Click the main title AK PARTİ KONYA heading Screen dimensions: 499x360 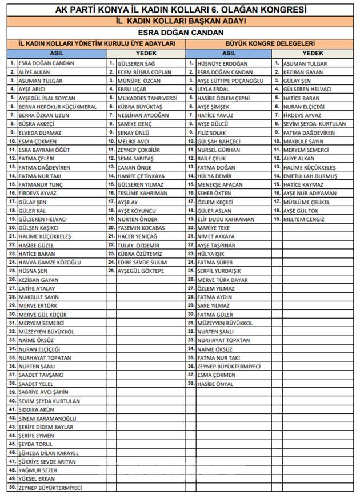coord(180,10)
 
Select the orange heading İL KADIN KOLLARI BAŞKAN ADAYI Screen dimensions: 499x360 coord(180,21)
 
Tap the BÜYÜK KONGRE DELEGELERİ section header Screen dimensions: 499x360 coord(271,43)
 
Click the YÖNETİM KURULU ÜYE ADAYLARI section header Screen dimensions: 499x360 coord(97,43)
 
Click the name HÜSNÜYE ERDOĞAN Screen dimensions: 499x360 coord(222,63)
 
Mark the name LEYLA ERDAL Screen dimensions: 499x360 coord(213,90)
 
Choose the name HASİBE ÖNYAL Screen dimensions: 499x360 coord(215,384)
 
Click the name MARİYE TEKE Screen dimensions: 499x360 coord(213,227)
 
